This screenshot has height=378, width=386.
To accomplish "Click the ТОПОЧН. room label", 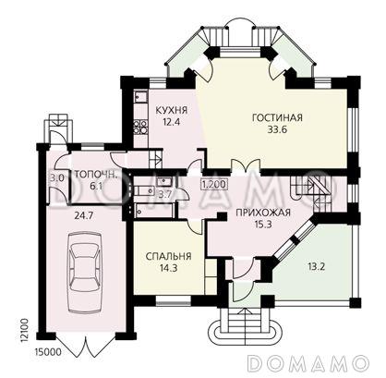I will pos(94,173).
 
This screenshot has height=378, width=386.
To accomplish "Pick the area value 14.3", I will pos(168,270).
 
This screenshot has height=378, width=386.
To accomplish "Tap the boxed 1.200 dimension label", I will pos(213,185).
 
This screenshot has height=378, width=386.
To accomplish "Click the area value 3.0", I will pos(56,178).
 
